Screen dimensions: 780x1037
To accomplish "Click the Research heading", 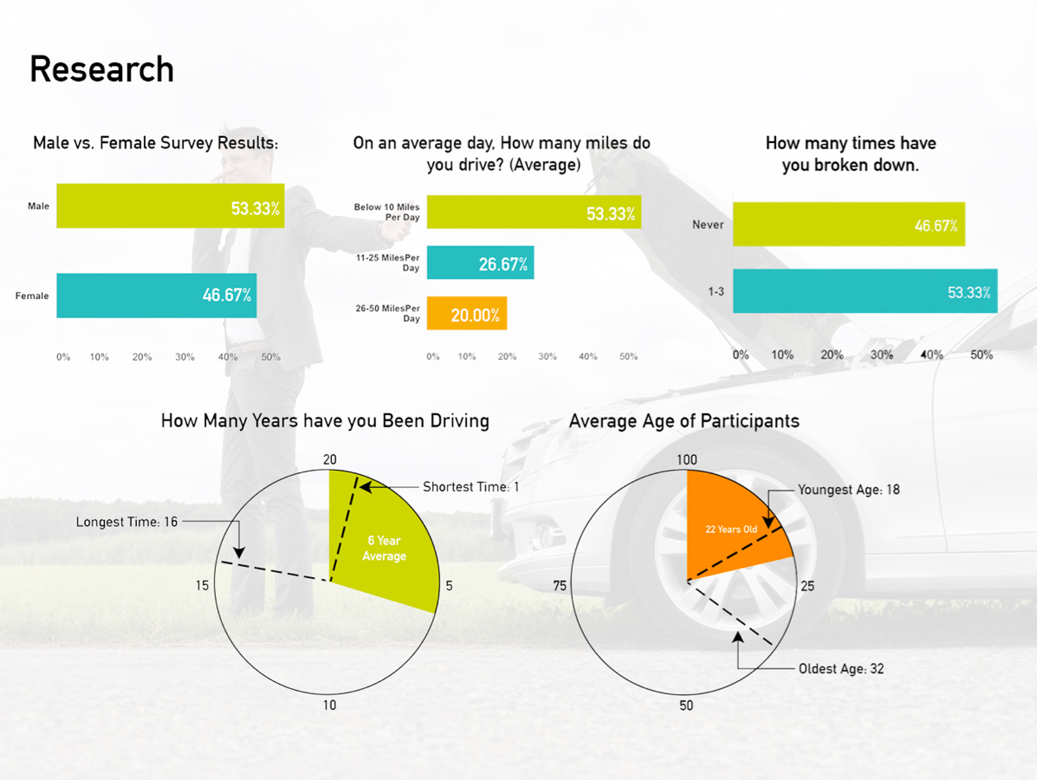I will (102, 70).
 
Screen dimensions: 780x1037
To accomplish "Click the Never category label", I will (708, 225).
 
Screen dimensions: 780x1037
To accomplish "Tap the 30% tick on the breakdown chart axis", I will (881, 355).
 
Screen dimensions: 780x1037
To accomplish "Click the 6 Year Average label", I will (384, 548).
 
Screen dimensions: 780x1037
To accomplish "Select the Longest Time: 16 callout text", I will (126, 522).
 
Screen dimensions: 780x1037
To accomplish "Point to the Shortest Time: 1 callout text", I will (470, 487).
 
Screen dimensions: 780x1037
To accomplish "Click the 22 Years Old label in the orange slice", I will (731, 529).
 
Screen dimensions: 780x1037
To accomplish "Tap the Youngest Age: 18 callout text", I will (849, 489).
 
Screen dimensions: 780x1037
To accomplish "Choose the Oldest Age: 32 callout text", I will (841, 669).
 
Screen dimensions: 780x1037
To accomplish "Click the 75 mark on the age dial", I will (560, 586).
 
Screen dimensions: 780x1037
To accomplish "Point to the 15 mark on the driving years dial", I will (202, 586).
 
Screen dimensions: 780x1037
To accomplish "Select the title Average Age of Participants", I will (684, 421).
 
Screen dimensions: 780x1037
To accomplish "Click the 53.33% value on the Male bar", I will (255, 209).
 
